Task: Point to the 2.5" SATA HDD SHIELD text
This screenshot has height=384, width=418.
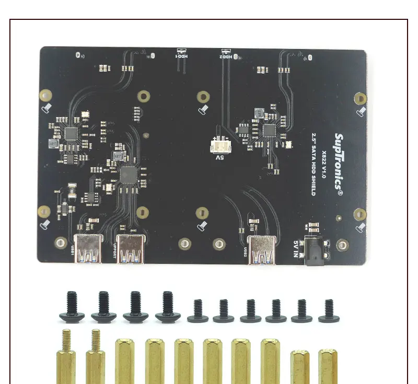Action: point(313,161)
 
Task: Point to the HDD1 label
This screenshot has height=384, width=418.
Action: point(181,54)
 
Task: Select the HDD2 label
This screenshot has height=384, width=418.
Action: point(225,54)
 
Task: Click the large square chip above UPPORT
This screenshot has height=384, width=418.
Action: point(128,174)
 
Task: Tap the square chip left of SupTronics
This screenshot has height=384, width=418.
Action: point(269,130)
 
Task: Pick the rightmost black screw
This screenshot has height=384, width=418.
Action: point(329,310)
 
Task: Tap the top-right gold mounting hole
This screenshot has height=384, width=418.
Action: point(359,98)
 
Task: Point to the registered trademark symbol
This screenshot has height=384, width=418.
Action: point(340,192)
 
